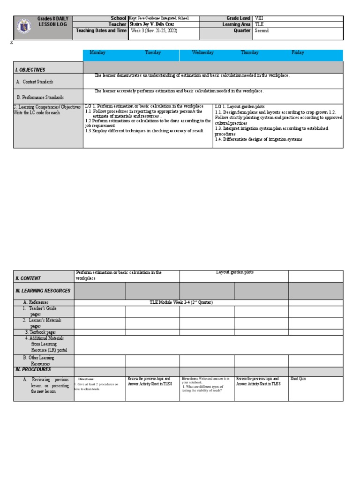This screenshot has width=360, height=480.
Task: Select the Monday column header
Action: pos(97,53)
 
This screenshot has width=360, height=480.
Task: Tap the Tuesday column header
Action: pos(153,53)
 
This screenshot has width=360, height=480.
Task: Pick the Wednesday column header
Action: pos(203,53)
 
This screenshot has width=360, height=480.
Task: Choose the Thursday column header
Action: pos(250,53)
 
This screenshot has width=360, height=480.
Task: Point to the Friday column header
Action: pos(298,53)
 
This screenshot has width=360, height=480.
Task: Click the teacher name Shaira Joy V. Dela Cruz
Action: pos(151,24)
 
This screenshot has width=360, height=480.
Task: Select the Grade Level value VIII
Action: pos(259,18)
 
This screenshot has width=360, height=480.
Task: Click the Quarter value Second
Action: pos(262,31)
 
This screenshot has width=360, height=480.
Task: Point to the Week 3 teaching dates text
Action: pos(154,31)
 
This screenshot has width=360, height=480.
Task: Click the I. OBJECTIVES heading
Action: pos(30,70)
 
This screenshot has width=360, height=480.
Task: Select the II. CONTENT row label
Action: pos(28,278)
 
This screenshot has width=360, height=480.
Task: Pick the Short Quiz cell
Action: pos(299,379)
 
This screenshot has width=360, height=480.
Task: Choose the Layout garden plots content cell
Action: pos(234,272)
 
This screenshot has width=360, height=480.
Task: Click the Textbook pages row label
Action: pos(40,332)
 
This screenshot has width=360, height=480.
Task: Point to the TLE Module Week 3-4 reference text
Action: pos(180,303)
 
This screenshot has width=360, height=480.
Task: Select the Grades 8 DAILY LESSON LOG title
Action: pos(53,22)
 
